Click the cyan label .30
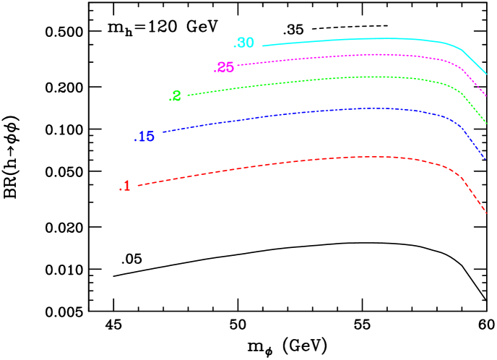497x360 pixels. click(244, 43)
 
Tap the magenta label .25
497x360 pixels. click(224, 68)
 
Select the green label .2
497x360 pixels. click(175, 97)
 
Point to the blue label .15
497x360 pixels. click(144, 137)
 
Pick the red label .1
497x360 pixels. click(125, 187)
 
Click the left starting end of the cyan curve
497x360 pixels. click(262, 46)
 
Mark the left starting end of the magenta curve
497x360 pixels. click(238, 65)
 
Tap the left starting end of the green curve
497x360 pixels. click(188, 95)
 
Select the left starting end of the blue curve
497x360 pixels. click(164, 132)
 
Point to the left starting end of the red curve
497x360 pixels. click(138, 186)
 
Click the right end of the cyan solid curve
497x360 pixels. click(486, 74)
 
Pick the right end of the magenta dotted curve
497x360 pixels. click(486, 95)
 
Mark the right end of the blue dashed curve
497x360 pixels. click(485, 159)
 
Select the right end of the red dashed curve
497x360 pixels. click(486, 213)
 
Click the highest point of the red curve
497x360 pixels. click(372, 156)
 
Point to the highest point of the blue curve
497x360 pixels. click(372, 108)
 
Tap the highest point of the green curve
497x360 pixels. click(372, 76)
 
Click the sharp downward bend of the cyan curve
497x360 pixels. click(461, 49)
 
